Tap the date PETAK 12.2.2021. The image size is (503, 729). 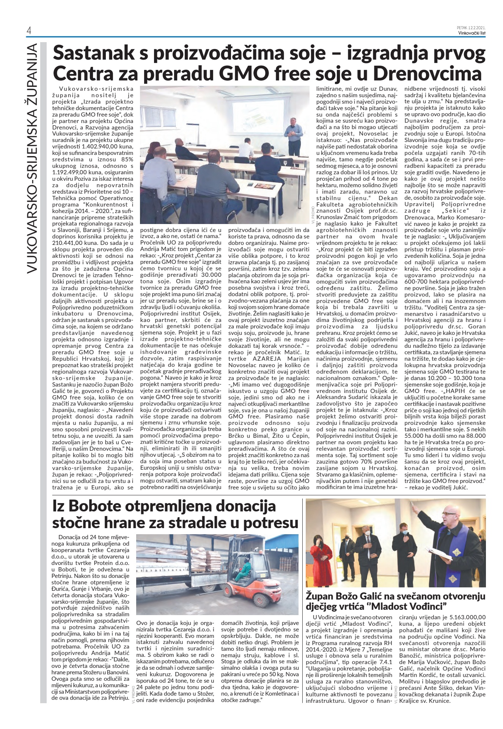[471, 28]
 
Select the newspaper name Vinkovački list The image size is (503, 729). [472, 32]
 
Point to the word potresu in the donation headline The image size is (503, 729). [270, 523]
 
